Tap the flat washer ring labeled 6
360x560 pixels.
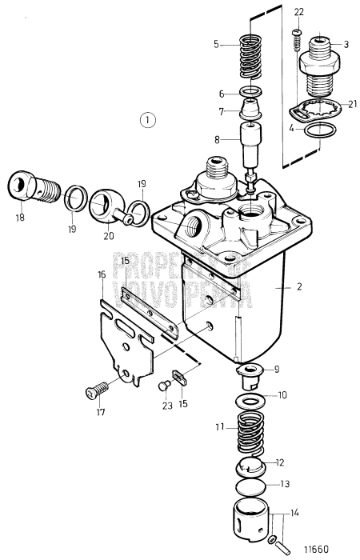[253, 94]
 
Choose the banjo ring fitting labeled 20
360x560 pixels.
[111, 203]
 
